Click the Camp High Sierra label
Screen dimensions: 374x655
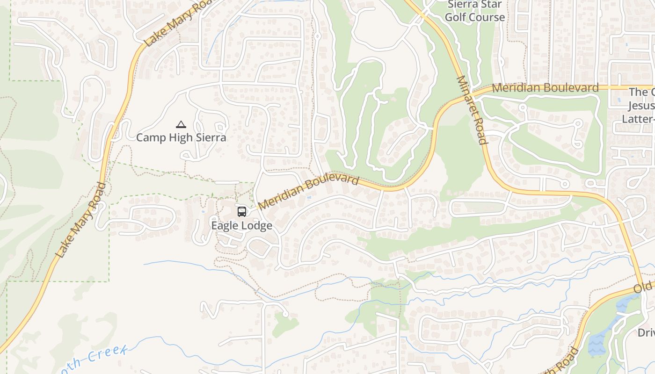pyautogui.click(x=181, y=137)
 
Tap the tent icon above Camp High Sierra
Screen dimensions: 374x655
pyautogui.click(x=181, y=124)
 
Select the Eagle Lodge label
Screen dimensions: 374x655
pyautogui.click(x=241, y=225)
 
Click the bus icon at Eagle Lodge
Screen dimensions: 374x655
pyautogui.click(x=241, y=212)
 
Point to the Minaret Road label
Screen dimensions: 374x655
pyautogui.click(x=472, y=110)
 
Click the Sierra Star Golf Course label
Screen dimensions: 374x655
pyautogui.click(x=475, y=11)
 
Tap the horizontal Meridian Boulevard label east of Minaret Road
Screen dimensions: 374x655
pyautogui.click(x=545, y=88)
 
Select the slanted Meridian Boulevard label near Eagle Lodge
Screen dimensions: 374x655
pyautogui.click(x=308, y=192)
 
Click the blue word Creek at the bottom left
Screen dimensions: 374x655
pyautogui.click(x=105, y=355)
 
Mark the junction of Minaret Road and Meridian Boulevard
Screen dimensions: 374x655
pyautogui.click(x=473, y=92)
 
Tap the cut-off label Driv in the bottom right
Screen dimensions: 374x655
pyautogui.click(x=646, y=333)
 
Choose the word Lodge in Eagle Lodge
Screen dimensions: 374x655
pyautogui.click(x=255, y=225)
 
